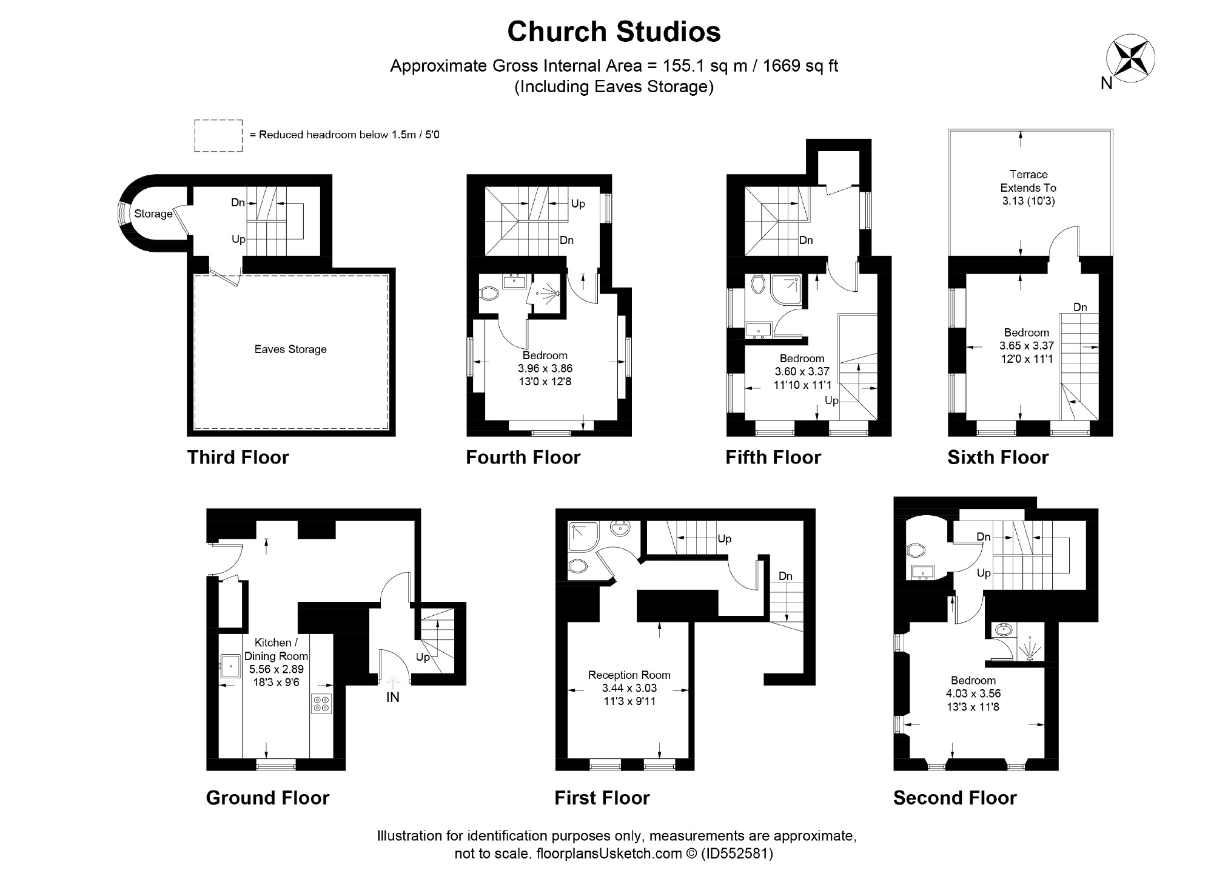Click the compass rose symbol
[x=1130, y=59]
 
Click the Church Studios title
[x=614, y=32]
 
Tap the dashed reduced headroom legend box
[x=218, y=135]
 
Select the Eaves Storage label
[x=290, y=349]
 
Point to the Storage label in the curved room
[x=153, y=214]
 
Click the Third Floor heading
[x=238, y=457]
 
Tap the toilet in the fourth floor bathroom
[x=489, y=294]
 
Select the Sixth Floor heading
[x=998, y=457]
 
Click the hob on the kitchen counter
[x=321, y=703]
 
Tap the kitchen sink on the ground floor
[x=230, y=666]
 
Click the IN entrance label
[x=393, y=698]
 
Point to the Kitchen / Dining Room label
[x=276, y=649]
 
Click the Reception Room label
[x=629, y=675]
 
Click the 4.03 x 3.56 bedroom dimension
[x=973, y=693]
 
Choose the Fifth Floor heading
[x=773, y=457]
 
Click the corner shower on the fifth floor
[x=787, y=290]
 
